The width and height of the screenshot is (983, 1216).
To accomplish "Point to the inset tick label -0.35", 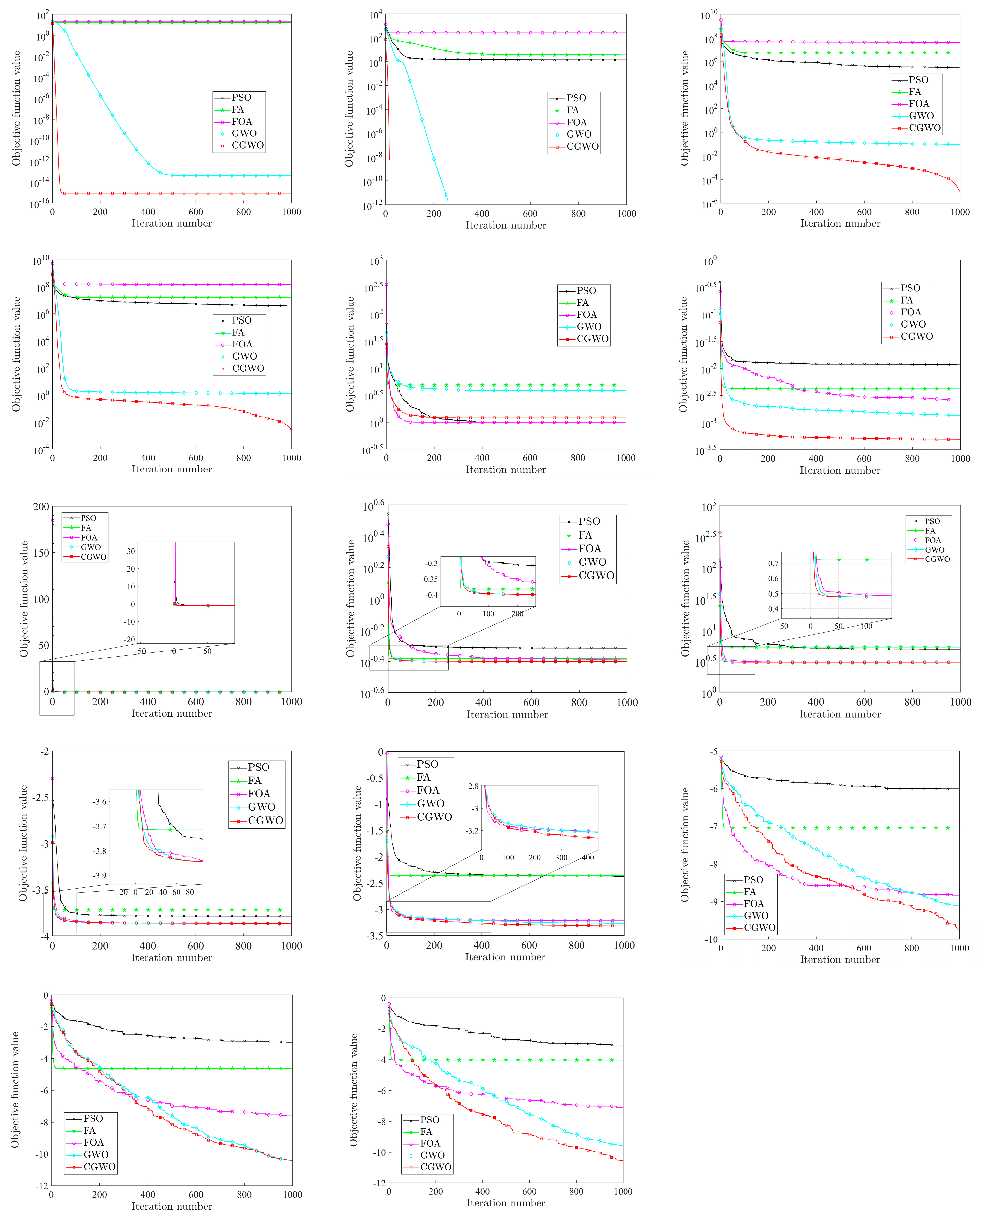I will coord(430,579).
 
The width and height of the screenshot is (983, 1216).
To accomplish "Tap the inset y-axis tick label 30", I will coord(131,551).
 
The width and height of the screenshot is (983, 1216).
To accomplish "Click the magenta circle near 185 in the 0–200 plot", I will coord(53,520).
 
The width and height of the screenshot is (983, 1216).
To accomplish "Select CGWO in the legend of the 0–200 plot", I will coord(93,557).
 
